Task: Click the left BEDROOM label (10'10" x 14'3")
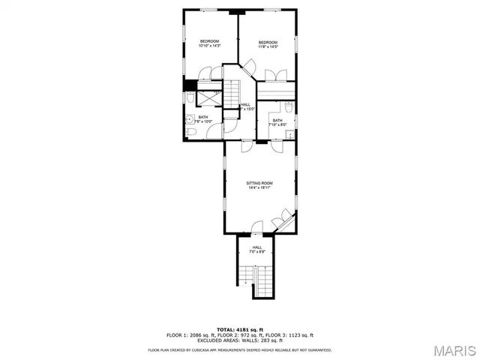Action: (x=208, y=43)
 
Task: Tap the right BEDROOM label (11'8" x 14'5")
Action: (x=268, y=44)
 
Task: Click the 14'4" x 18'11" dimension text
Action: (x=259, y=188)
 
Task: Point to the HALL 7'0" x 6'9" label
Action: (x=257, y=250)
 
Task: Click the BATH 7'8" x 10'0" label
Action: (x=203, y=119)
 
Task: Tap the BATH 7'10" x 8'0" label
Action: (x=277, y=123)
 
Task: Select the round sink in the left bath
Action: (x=187, y=118)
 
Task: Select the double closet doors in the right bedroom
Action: (x=277, y=74)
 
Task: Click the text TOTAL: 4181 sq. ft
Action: (x=239, y=329)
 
